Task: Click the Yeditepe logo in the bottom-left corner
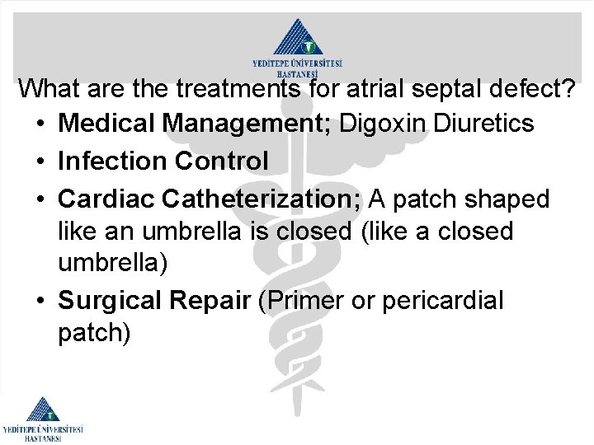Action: pos(43,419)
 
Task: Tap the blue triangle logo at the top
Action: pos(297,38)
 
